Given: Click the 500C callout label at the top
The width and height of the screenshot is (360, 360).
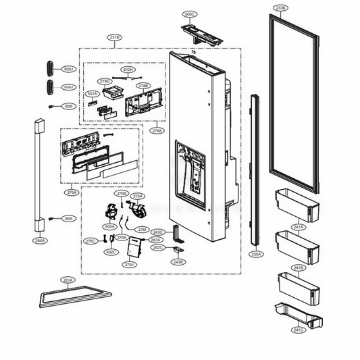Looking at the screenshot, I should (x=190, y=14).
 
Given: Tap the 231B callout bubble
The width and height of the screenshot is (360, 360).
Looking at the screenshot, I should (x=115, y=38).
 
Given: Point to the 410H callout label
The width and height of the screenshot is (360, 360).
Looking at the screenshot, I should (x=128, y=70).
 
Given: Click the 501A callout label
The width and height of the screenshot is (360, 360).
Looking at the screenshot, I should (x=93, y=94).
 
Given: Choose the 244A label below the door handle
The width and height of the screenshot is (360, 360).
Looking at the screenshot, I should (x=40, y=240).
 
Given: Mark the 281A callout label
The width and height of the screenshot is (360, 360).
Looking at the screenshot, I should (x=67, y=280).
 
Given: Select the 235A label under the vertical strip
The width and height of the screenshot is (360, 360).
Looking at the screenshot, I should (x=256, y=254).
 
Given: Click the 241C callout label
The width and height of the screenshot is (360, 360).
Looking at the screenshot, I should (x=298, y=330).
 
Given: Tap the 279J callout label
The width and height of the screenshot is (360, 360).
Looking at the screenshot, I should (x=128, y=265).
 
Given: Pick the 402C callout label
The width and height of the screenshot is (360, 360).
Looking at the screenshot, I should (x=111, y=252).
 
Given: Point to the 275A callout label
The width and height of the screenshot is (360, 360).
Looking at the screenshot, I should (x=138, y=196).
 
